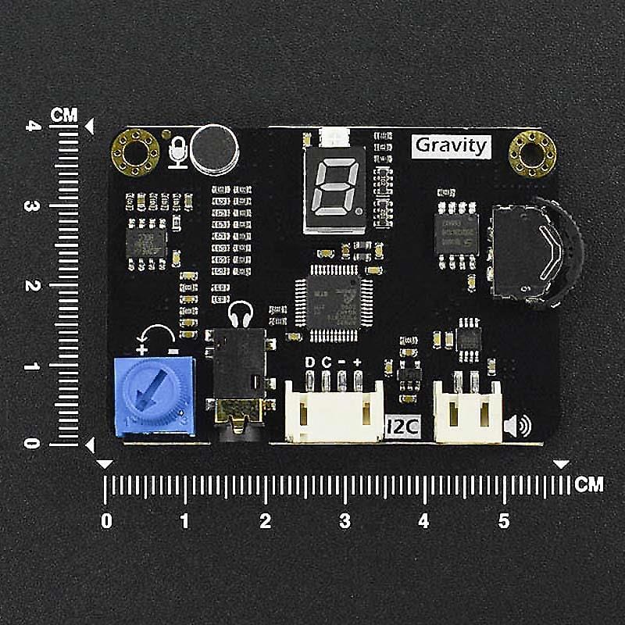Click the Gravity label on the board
[451, 145]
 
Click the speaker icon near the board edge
[517, 426]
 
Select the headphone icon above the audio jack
[240, 314]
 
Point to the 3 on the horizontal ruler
[345, 520]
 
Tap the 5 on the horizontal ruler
[503, 520]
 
